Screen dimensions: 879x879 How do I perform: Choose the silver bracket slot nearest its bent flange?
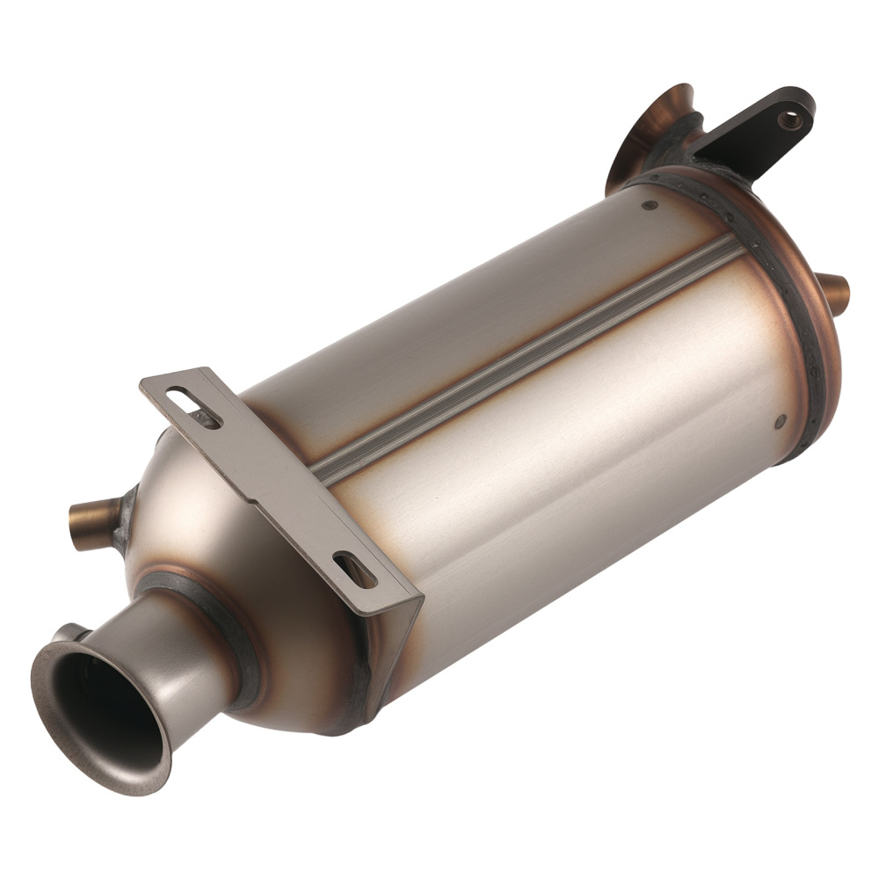(x=354, y=571)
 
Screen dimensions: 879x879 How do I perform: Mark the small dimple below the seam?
(x=780, y=423)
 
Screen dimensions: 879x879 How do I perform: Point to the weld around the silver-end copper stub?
(x=123, y=519)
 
